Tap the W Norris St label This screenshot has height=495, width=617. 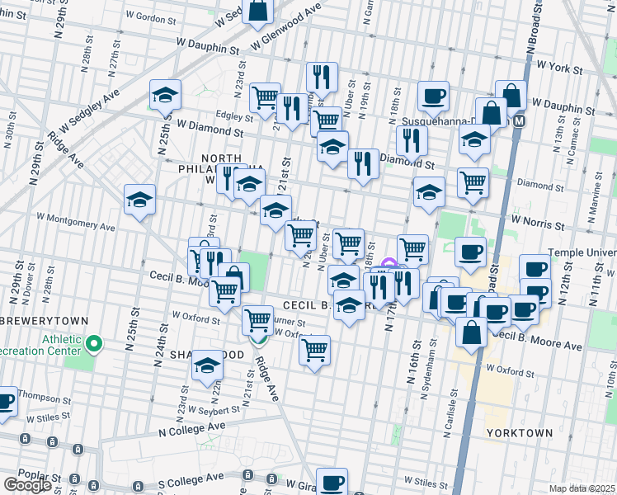(539, 220)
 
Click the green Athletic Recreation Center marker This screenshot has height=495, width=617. (94, 343)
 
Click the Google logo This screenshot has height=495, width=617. (27, 485)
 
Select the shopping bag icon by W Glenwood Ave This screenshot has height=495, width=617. (257, 11)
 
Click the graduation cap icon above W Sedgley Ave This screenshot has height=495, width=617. (165, 96)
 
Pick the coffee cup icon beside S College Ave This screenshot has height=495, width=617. (332, 483)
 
